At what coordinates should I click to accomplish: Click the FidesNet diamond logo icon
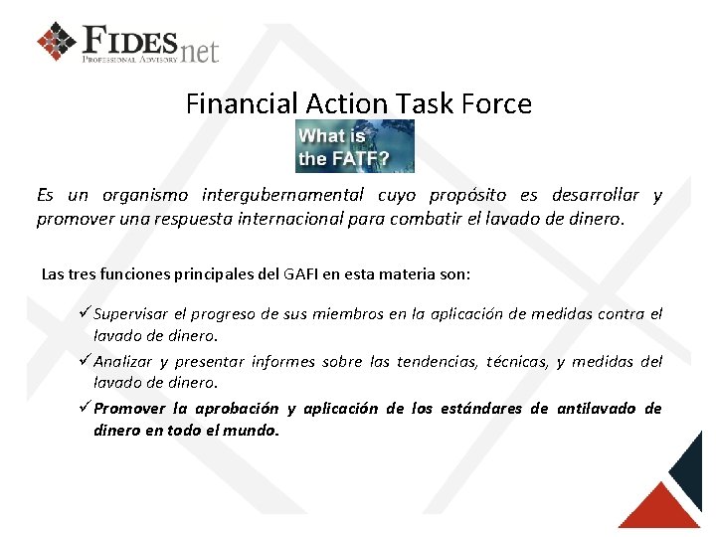(x=57, y=41)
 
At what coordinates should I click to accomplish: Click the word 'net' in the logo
(x=199, y=49)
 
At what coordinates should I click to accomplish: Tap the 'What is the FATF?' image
(x=354, y=146)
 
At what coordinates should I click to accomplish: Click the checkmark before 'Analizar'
(x=85, y=361)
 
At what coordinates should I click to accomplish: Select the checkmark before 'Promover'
(x=85, y=408)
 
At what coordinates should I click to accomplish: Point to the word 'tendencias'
(x=437, y=362)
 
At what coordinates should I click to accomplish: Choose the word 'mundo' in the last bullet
(x=253, y=432)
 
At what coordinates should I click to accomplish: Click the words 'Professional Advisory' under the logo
(x=130, y=60)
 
